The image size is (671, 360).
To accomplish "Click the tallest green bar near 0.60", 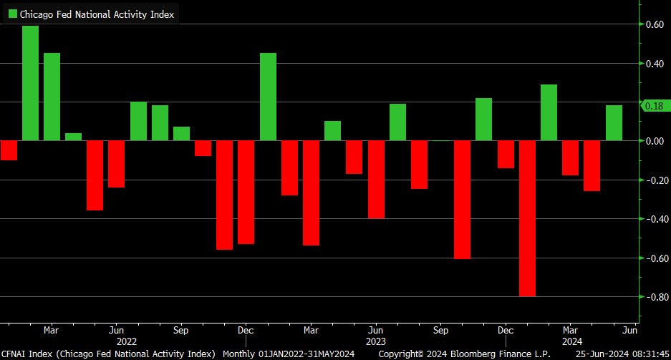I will pyautogui.click(x=30, y=83).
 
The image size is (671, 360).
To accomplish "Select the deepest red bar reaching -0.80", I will pyautogui.click(x=528, y=218).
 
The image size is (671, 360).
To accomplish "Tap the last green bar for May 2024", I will pyautogui.click(x=614, y=123).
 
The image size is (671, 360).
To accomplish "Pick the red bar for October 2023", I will pyautogui.click(x=463, y=200).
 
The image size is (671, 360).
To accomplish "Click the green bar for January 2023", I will pyautogui.click(x=268, y=97).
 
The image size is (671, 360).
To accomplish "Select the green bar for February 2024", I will pyautogui.click(x=549, y=112).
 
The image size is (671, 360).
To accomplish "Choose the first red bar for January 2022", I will pyautogui.click(x=9, y=150).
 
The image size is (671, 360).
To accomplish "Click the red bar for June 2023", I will pyautogui.click(x=376, y=179).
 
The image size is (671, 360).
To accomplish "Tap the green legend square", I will pyautogui.click(x=12, y=14).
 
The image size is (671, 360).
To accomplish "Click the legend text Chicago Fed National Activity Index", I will pyautogui.click(x=97, y=14).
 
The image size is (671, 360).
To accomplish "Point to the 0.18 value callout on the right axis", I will pyautogui.click(x=654, y=106).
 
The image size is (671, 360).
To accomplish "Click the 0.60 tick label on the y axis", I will pyautogui.click(x=654, y=24).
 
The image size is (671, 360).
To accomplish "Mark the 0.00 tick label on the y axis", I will pyautogui.click(x=654, y=141).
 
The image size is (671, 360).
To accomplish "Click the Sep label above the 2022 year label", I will pyautogui.click(x=181, y=331).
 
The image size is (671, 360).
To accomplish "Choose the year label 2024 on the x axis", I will pyautogui.click(x=571, y=342).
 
